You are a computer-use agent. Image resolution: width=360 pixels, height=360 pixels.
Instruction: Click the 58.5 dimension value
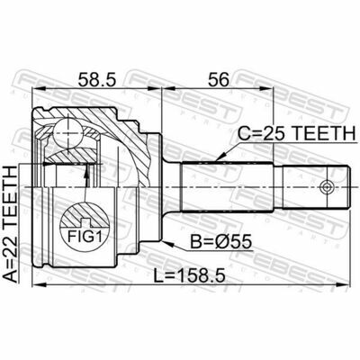click(x=96, y=79)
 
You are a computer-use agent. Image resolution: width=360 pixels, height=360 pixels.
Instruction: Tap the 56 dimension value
click(x=219, y=79)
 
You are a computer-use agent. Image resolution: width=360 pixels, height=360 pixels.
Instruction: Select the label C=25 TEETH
click(x=296, y=133)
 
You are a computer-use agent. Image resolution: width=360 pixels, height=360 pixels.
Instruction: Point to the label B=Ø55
click(x=220, y=242)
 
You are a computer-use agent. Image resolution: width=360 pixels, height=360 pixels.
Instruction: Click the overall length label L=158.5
click(x=189, y=275)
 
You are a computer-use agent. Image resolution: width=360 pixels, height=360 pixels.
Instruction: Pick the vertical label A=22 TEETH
click(x=12, y=224)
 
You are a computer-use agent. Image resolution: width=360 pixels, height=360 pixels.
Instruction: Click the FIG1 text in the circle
click(x=84, y=238)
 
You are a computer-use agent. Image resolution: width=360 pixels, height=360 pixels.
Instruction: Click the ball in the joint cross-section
click(x=68, y=132)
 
